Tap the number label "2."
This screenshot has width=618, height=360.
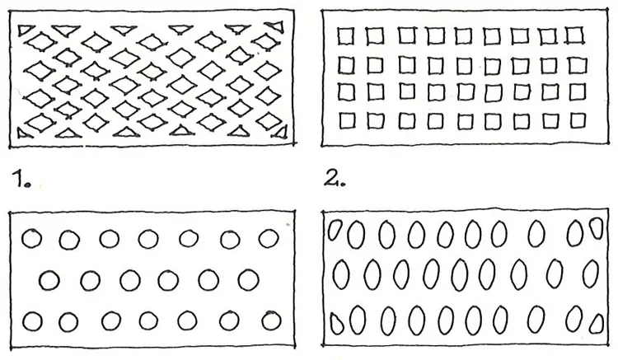click(335, 179)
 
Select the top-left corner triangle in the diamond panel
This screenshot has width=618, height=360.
click(26, 30)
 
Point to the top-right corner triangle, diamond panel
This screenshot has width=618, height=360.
click(278, 26)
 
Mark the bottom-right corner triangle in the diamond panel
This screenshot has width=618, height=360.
click(280, 133)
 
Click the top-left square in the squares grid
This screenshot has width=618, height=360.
click(345, 36)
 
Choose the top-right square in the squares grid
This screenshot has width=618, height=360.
click(575, 35)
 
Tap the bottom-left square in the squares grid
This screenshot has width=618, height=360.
click(346, 120)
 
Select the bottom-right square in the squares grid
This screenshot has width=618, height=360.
click(578, 120)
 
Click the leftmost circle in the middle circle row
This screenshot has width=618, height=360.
click(49, 280)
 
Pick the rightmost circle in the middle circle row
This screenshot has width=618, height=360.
click(248, 279)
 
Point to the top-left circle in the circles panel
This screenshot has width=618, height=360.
click(31, 239)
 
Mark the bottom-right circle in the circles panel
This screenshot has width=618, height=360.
click(270, 320)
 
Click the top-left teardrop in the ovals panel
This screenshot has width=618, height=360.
click(335, 230)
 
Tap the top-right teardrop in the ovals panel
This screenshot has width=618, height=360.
click(597, 228)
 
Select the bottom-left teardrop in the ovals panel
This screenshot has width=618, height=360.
click(336, 324)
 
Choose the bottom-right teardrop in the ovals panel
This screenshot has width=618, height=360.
click(597, 324)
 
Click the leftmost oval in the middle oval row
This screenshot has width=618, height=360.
click(341, 274)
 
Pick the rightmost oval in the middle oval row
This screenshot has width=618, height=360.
click(591, 274)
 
